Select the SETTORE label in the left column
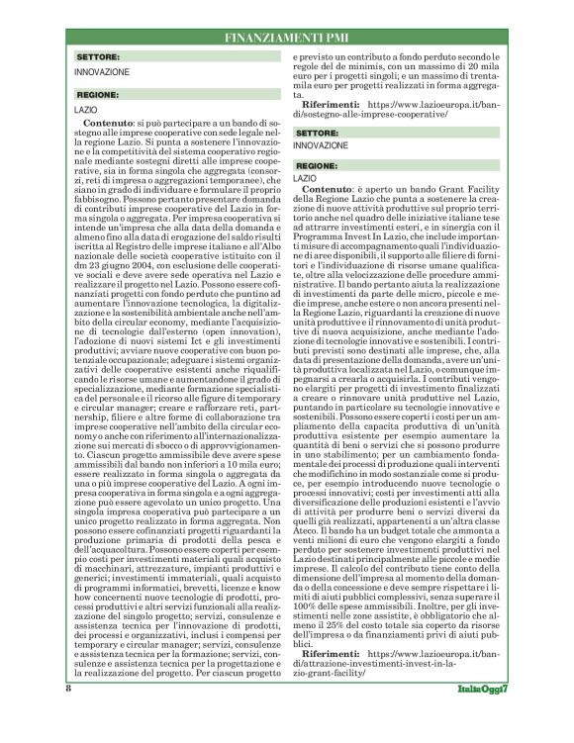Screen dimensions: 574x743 point(99,58)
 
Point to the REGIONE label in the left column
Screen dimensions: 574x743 point(98,95)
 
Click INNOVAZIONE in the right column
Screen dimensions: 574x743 point(321,145)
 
